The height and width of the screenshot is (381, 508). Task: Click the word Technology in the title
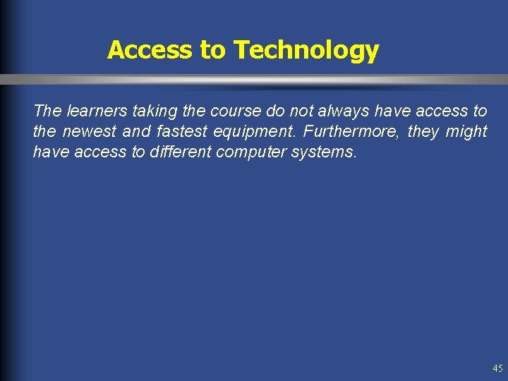point(306,51)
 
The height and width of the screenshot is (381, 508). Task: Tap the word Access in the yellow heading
point(150,50)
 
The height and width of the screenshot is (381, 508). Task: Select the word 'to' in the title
point(213,51)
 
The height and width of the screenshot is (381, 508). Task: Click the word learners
point(97,111)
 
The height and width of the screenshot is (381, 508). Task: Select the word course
point(234,111)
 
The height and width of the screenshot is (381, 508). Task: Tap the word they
point(424,132)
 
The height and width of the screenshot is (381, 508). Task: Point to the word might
point(466,132)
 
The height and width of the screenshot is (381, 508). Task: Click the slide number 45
point(497,368)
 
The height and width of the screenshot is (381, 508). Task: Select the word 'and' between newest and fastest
point(136,132)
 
